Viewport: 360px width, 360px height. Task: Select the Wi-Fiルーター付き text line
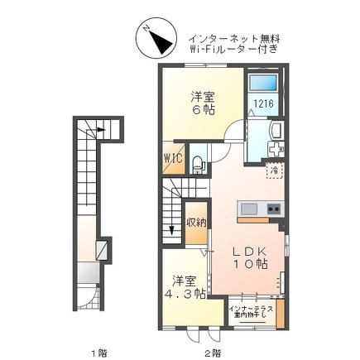click(x=233, y=50)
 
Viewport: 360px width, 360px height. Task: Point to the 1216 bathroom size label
click(x=263, y=104)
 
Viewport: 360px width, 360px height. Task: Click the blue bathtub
click(x=265, y=84)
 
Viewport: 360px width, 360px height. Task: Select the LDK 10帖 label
click(x=248, y=256)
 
